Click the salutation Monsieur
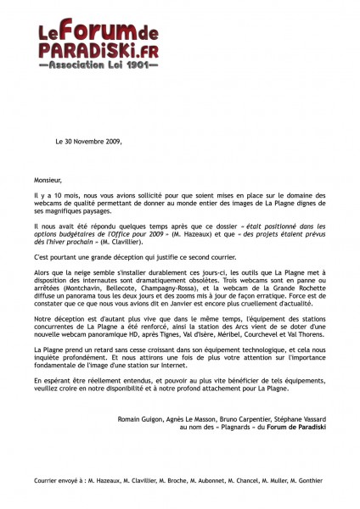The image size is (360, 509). [48, 180]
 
